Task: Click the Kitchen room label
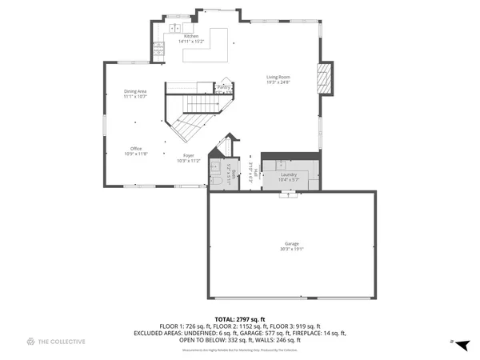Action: pos(190,36)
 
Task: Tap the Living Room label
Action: pos(278,77)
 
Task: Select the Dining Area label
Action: pos(135,92)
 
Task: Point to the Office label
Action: pos(136,149)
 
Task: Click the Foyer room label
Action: pos(189,155)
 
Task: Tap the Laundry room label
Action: pos(288,174)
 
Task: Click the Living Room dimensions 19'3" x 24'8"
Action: pos(278,82)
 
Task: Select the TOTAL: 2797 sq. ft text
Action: pos(240,318)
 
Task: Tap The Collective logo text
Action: pos(62,342)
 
